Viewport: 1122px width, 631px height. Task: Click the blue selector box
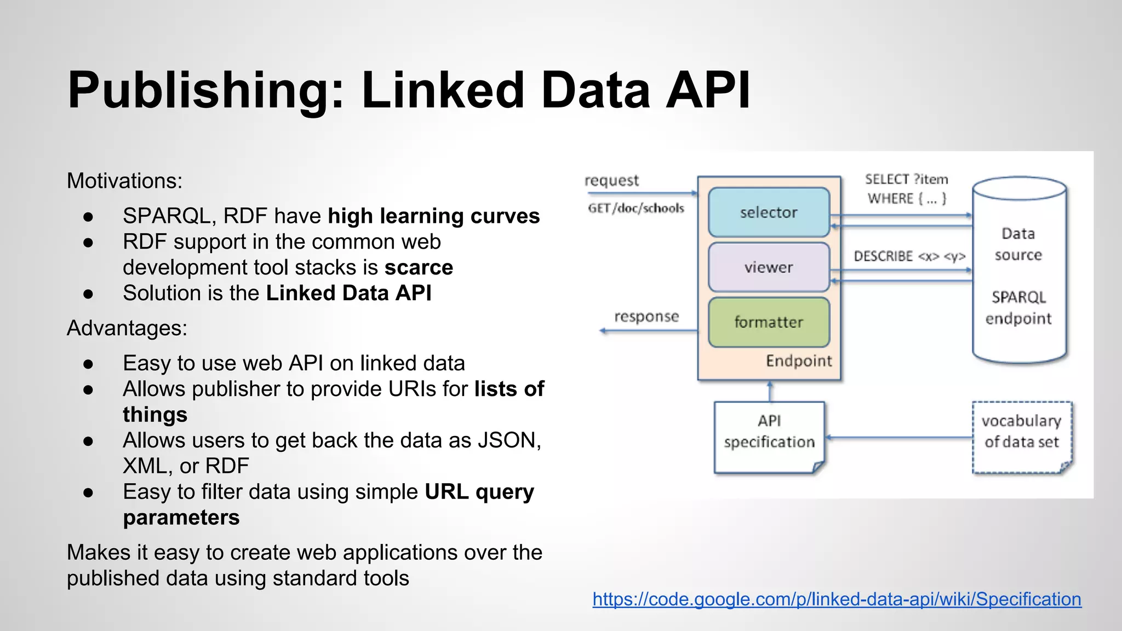click(x=769, y=213)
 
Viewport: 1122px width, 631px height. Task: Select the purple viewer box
click(x=769, y=267)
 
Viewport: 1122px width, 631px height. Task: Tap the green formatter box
click(x=769, y=322)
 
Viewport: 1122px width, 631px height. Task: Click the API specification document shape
click(x=769, y=437)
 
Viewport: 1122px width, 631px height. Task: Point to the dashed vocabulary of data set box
click(x=1022, y=437)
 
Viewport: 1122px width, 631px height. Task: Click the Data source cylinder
click(x=1019, y=274)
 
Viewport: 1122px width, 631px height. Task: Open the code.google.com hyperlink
click(x=837, y=599)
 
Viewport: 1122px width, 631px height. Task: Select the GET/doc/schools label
click(x=636, y=208)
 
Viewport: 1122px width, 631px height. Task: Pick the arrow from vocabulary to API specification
click(x=898, y=437)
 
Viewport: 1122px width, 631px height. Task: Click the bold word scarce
click(x=419, y=267)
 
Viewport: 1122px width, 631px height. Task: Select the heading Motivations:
click(x=124, y=181)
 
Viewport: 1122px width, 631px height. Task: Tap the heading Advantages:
click(x=127, y=328)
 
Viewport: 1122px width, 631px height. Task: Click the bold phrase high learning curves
click(x=433, y=216)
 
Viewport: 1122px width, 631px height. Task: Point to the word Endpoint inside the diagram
click(x=799, y=361)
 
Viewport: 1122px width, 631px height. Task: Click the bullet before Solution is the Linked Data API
click(x=88, y=294)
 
